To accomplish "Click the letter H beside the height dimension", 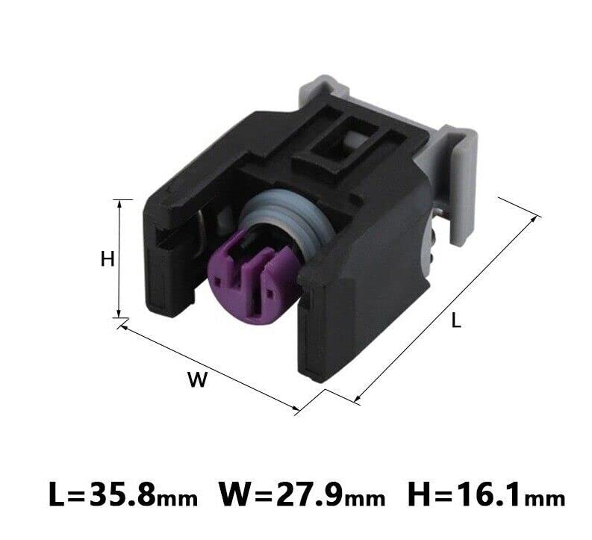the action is (108, 259).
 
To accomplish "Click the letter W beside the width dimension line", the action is (198, 379).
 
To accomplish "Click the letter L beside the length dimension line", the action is (456, 320).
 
